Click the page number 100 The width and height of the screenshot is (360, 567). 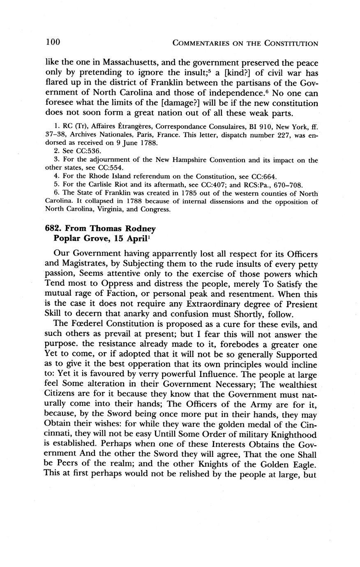[x=53, y=42]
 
